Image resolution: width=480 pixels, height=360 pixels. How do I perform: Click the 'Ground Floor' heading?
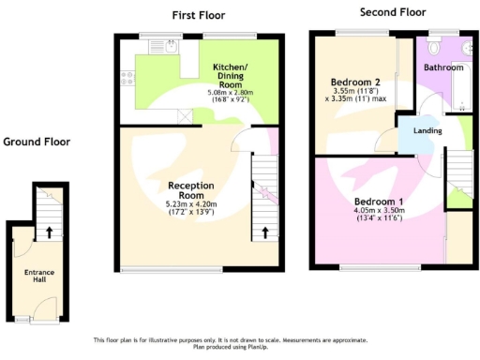(36, 142)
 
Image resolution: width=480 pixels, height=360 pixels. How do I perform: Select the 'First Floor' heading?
(198, 15)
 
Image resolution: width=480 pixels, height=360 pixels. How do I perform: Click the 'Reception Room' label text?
(190, 189)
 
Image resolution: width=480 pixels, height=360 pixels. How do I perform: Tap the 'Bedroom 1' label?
(379, 201)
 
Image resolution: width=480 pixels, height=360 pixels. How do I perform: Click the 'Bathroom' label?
(442, 67)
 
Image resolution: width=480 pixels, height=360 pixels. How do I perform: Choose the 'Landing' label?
(414, 130)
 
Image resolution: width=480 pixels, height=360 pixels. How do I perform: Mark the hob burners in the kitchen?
(127, 79)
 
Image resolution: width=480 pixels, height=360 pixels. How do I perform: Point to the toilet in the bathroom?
(435, 47)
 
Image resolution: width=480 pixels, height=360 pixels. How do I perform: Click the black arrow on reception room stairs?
(264, 232)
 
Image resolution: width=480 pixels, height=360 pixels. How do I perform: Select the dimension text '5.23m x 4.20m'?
(190, 203)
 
